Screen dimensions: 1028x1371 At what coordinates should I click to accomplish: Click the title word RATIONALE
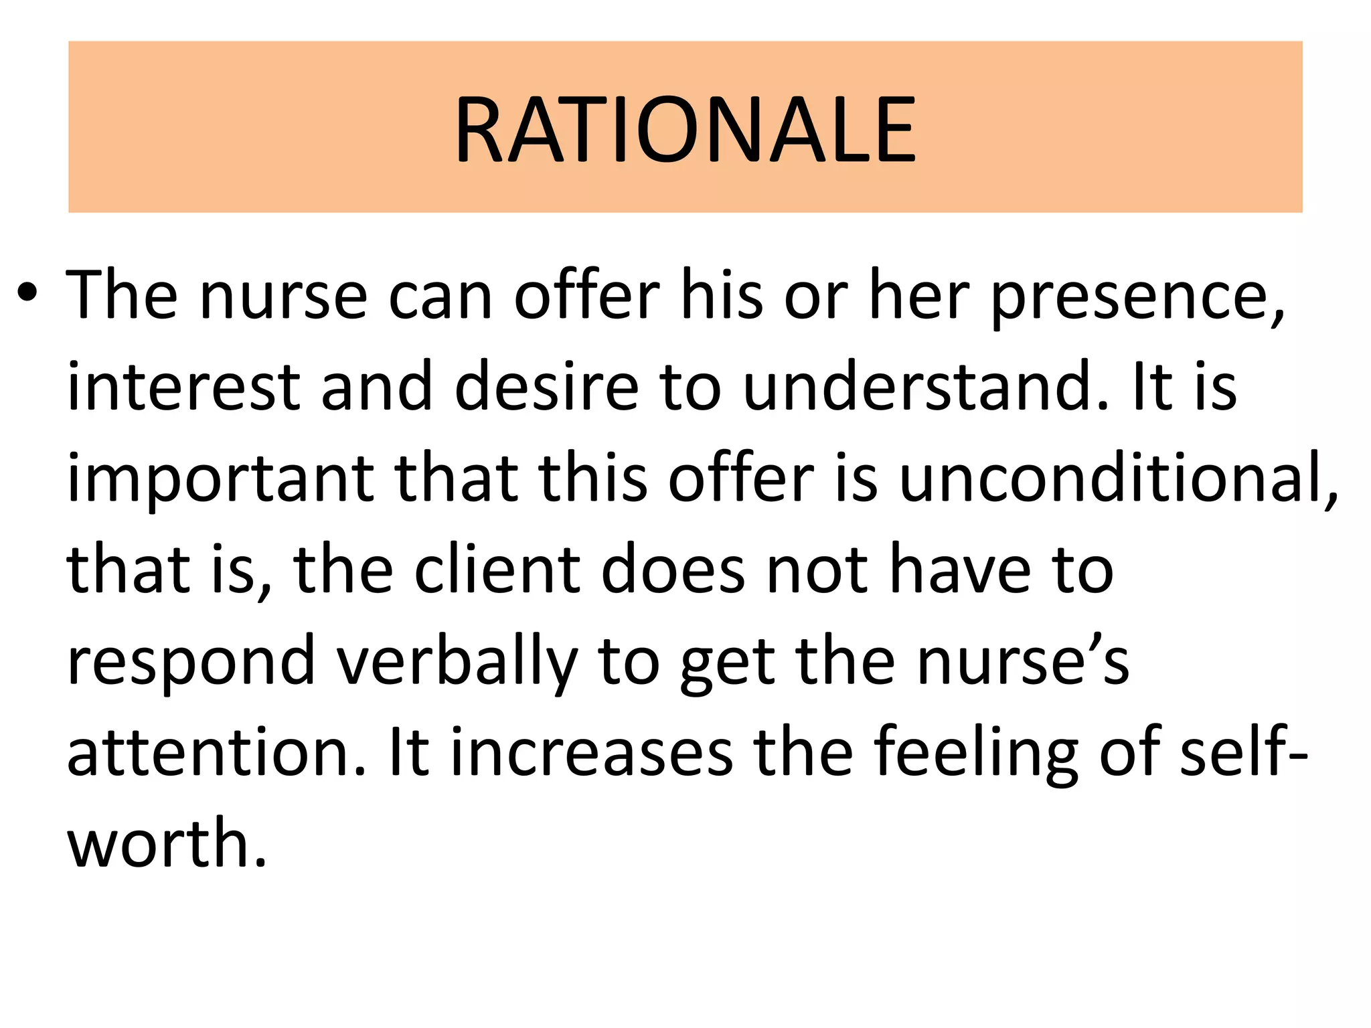click(685, 129)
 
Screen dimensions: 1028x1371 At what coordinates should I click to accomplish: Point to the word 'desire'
click(546, 388)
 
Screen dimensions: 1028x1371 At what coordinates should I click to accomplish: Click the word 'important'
click(221, 479)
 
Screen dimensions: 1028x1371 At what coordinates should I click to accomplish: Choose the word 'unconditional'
click(1118, 479)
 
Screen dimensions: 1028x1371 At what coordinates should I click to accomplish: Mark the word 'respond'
click(191, 662)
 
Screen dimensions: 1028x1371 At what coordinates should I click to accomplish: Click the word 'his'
click(722, 296)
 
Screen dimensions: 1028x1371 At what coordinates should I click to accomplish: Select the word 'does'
click(673, 571)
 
